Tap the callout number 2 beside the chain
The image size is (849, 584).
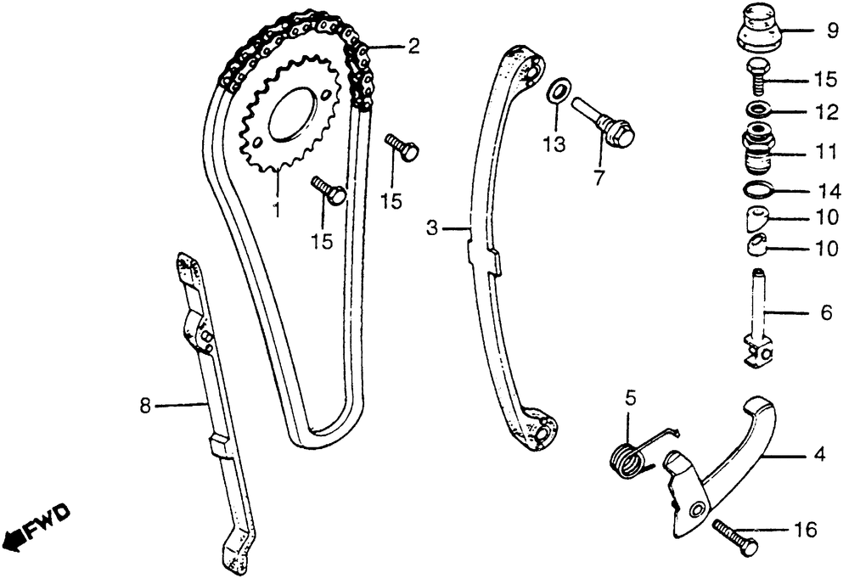tap(413, 47)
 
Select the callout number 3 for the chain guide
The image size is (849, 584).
tap(431, 227)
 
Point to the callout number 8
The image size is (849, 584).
tap(145, 406)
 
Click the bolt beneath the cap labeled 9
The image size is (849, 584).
tap(757, 79)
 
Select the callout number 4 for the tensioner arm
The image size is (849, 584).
tap(818, 456)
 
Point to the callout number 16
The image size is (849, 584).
tap(806, 531)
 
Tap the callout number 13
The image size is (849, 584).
tap(554, 145)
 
